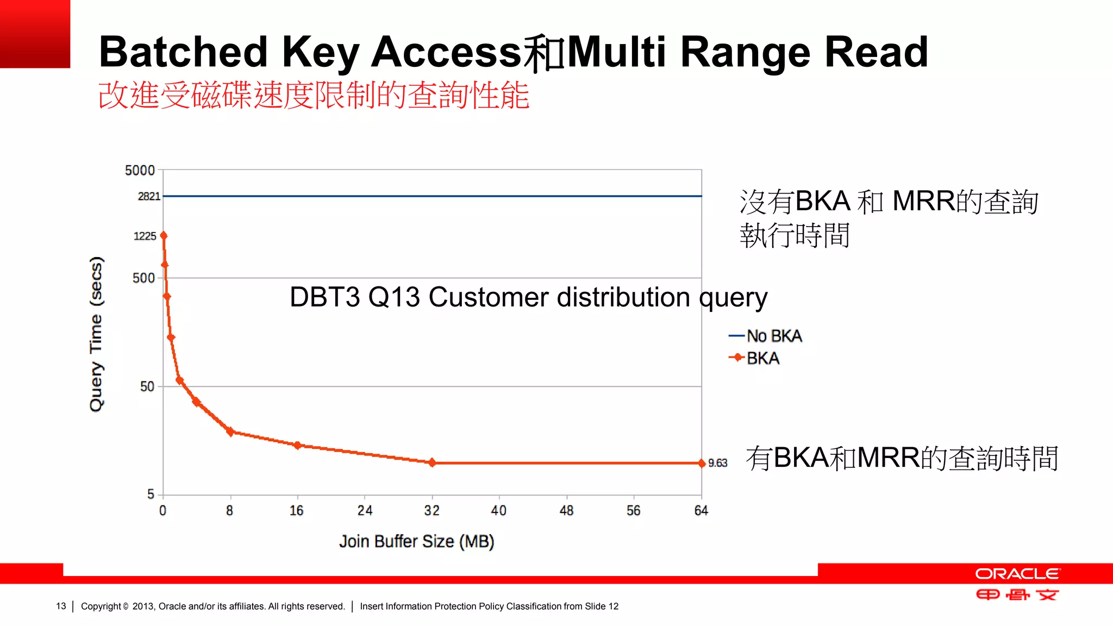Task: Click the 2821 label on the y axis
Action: point(149,196)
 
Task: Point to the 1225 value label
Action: point(145,236)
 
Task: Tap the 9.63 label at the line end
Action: point(717,463)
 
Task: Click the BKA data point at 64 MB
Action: point(702,463)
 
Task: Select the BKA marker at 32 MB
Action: point(432,462)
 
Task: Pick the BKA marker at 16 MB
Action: point(297,445)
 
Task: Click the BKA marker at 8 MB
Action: point(230,431)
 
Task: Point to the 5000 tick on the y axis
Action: point(140,171)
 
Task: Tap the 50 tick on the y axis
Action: point(147,386)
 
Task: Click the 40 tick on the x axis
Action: point(498,510)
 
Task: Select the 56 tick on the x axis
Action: point(633,510)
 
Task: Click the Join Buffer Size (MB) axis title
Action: point(416,541)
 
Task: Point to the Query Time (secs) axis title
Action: point(96,334)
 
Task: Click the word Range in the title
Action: point(745,52)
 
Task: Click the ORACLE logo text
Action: point(1017,574)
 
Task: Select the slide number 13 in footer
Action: point(61,606)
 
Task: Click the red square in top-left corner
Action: point(35,34)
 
